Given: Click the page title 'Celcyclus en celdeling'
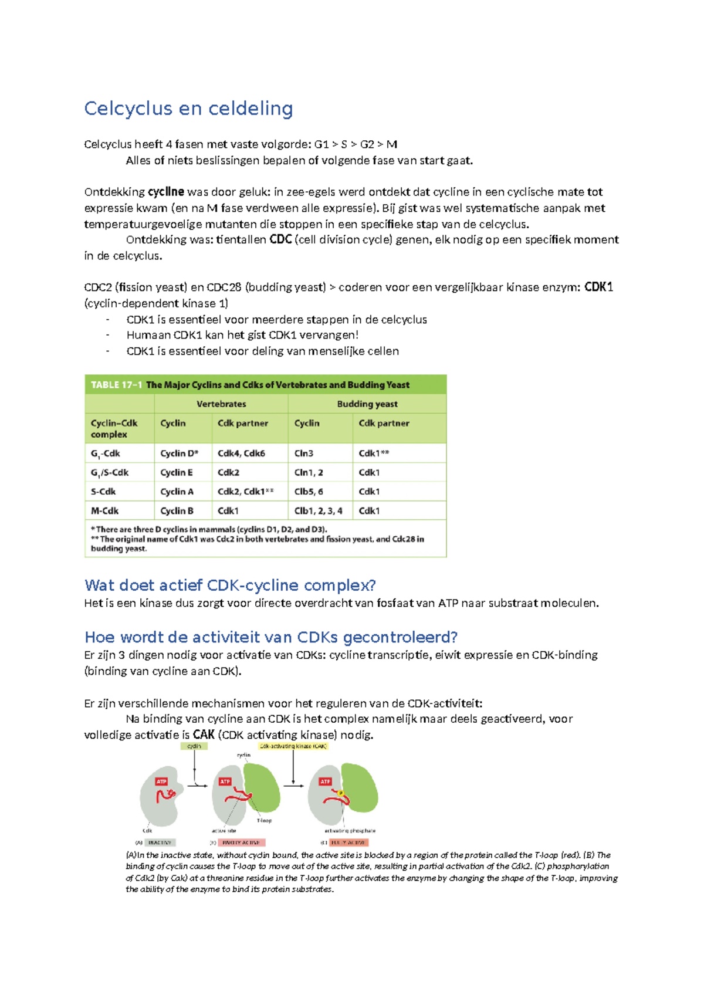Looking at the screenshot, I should coord(188,109).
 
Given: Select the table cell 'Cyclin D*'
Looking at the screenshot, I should coord(179,453).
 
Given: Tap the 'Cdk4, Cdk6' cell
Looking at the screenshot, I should coord(241,453).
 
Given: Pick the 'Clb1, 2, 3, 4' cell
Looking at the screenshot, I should coord(318,511).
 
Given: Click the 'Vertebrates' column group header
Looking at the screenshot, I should coord(221,404).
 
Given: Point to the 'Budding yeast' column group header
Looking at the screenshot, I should coord(367,404).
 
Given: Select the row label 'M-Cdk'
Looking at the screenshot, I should coord(104,511).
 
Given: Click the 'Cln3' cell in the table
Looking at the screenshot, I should coord(304,453).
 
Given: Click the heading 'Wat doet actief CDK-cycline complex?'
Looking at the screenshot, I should coord(230,585).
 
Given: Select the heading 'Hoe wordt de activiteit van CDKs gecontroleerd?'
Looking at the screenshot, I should coord(270,637).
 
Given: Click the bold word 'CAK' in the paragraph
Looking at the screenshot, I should coord(204,735).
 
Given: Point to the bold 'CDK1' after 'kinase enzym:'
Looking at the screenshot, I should coord(598,287).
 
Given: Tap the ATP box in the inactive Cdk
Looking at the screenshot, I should coord(161,781).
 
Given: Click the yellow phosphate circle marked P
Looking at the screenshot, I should coord(341,793).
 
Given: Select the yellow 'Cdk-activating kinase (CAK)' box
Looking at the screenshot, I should coord(293,746).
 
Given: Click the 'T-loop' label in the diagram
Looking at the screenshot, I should coord(264,821).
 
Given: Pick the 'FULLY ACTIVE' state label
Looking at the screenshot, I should coord(348,842).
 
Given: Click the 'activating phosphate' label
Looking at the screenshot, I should coord(350,831).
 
